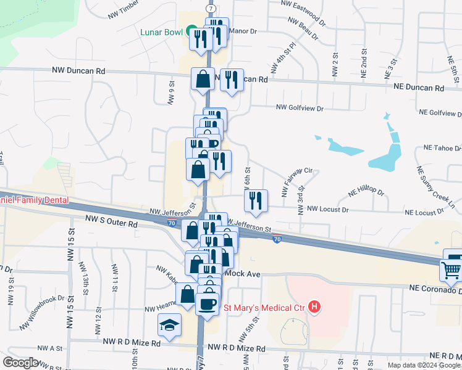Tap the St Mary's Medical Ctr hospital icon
(x=315, y=306)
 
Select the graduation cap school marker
(x=169, y=324)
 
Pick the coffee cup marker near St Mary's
(x=207, y=303)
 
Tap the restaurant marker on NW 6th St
(x=255, y=200)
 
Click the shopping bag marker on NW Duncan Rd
(x=203, y=78)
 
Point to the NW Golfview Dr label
(x=300, y=108)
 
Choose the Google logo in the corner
(x=20, y=363)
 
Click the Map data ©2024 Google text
(x=424, y=365)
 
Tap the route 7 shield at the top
(x=211, y=9)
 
